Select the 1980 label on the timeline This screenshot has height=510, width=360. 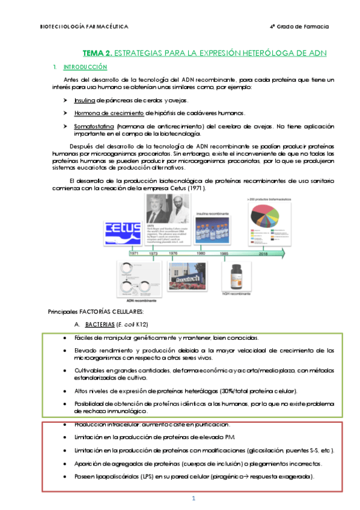pos(201,254)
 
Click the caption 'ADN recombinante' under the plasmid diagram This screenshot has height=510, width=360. pos(142,300)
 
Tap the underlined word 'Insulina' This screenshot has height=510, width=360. pos(84,100)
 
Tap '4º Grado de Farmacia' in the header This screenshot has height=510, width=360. pos(299,27)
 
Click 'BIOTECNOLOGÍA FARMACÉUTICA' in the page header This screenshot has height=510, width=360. pos(84,27)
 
